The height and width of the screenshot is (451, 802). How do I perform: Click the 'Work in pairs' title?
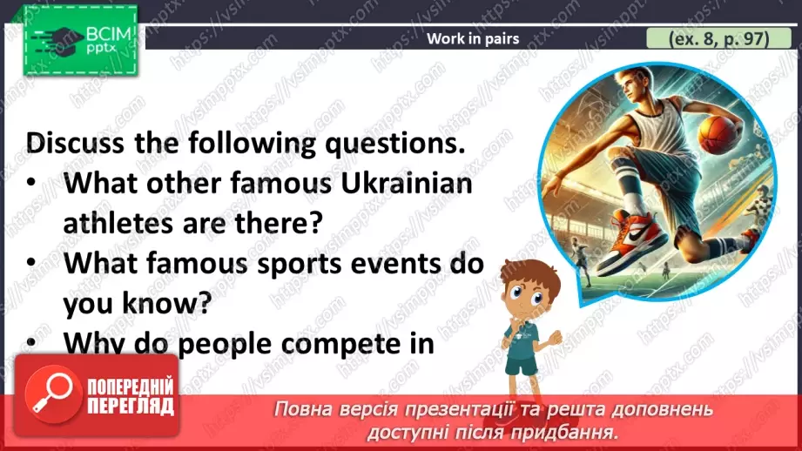pos(473,38)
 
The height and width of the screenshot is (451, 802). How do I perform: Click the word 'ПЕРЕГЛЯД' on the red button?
pos(129,407)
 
